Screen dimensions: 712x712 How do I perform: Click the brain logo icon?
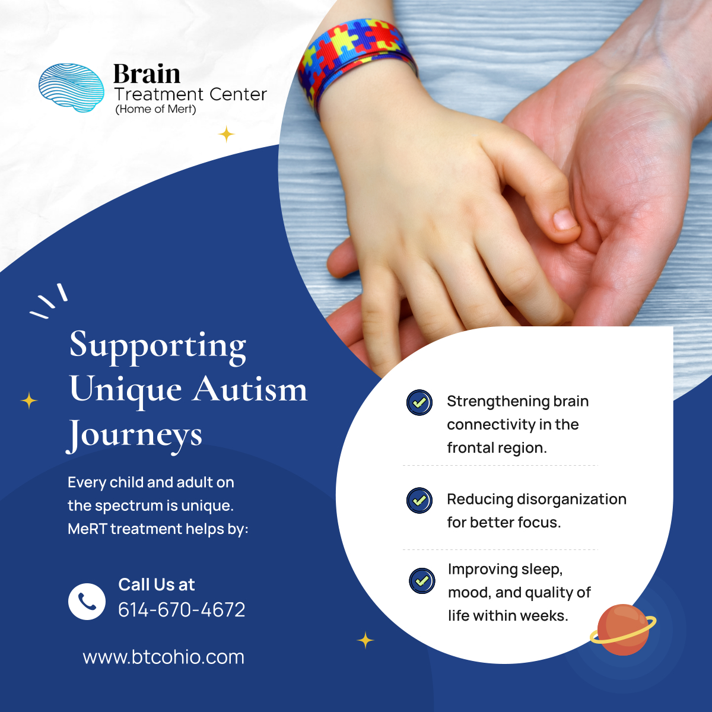(x=71, y=88)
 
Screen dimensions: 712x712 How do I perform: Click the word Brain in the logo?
(x=147, y=75)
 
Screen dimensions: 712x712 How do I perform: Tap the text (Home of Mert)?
(x=155, y=109)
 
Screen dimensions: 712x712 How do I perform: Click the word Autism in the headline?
(x=250, y=390)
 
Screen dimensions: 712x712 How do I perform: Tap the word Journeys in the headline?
(x=135, y=435)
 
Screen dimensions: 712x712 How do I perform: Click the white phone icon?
(x=87, y=601)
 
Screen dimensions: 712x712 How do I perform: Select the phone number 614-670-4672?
(x=182, y=610)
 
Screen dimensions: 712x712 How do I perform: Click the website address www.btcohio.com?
(x=163, y=657)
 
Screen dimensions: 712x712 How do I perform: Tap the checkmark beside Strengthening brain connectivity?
(x=419, y=402)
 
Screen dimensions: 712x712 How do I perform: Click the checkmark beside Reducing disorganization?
(x=419, y=500)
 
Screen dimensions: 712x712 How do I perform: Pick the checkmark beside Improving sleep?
(x=422, y=580)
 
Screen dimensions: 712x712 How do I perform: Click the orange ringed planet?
(x=623, y=630)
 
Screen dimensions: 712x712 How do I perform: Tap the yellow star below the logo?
(x=226, y=135)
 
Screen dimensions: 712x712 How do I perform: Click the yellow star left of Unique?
(x=29, y=401)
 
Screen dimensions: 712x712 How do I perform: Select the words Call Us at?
(x=157, y=584)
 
